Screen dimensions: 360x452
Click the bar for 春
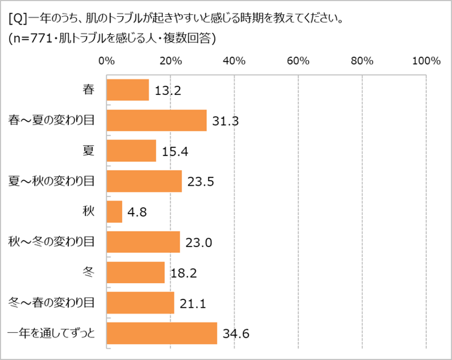[x=127, y=90]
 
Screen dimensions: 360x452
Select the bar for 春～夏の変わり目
[x=156, y=121]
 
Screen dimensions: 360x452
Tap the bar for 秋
[x=114, y=212]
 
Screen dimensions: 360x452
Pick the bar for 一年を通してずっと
[x=161, y=333]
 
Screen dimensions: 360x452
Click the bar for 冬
[x=136, y=272]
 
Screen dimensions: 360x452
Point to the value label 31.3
[x=225, y=121]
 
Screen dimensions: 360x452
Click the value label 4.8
[x=138, y=212]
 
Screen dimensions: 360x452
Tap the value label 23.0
[x=198, y=243]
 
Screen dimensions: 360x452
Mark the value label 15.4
[x=174, y=152]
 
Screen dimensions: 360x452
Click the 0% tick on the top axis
[x=106, y=61]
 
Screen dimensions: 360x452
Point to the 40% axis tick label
[x=233, y=61]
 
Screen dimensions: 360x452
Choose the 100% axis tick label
[x=426, y=61]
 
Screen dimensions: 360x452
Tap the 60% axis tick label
[x=297, y=61]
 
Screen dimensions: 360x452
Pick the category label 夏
[x=88, y=151]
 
